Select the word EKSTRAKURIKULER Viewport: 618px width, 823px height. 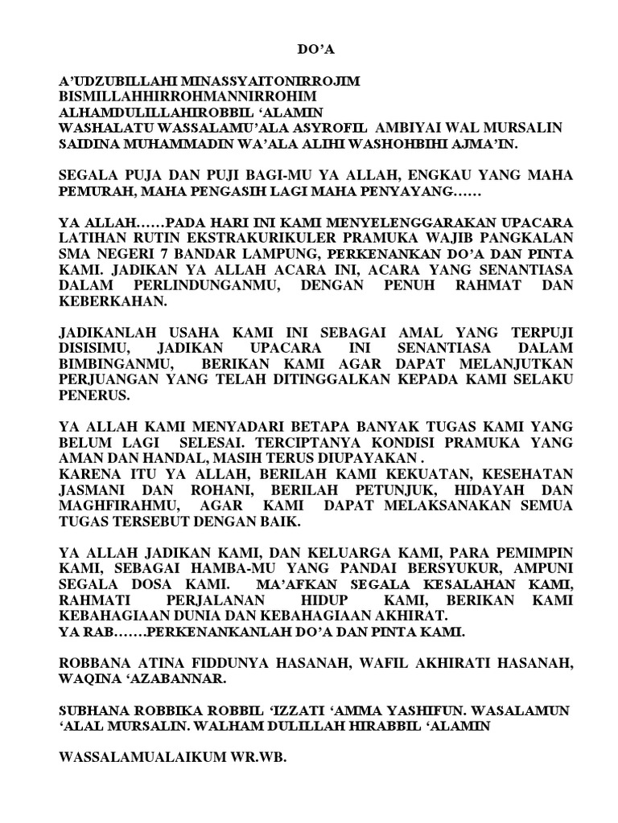[253, 237]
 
